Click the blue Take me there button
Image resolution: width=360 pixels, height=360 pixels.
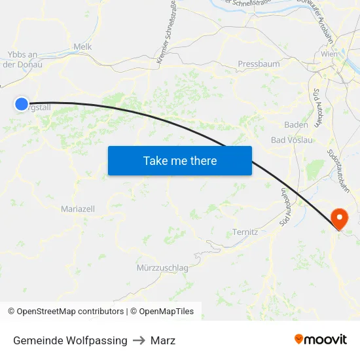tap(180, 160)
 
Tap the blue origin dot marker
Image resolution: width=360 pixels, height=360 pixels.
tap(21, 104)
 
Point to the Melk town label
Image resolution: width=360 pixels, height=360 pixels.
tap(83, 46)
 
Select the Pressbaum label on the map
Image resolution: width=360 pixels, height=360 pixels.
tap(259, 64)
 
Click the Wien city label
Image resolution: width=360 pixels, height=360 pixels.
tap(329, 54)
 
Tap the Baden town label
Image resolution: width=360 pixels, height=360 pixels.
tap(297, 124)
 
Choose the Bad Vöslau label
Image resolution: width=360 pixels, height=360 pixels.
tap(291, 140)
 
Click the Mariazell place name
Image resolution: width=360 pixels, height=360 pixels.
tap(78, 209)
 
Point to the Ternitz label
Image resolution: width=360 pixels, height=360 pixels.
tap(245, 232)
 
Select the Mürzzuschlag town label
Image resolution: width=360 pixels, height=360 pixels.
tap(163, 268)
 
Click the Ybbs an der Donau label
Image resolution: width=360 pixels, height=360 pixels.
tap(23, 60)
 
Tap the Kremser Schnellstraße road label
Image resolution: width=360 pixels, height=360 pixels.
tap(167, 33)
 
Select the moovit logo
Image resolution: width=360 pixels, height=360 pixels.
tap(320, 339)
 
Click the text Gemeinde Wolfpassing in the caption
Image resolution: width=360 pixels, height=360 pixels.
tap(70, 340)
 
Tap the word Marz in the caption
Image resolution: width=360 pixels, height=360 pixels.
tap(163, 340)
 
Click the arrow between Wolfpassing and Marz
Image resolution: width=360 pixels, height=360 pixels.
tap(139, 340)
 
